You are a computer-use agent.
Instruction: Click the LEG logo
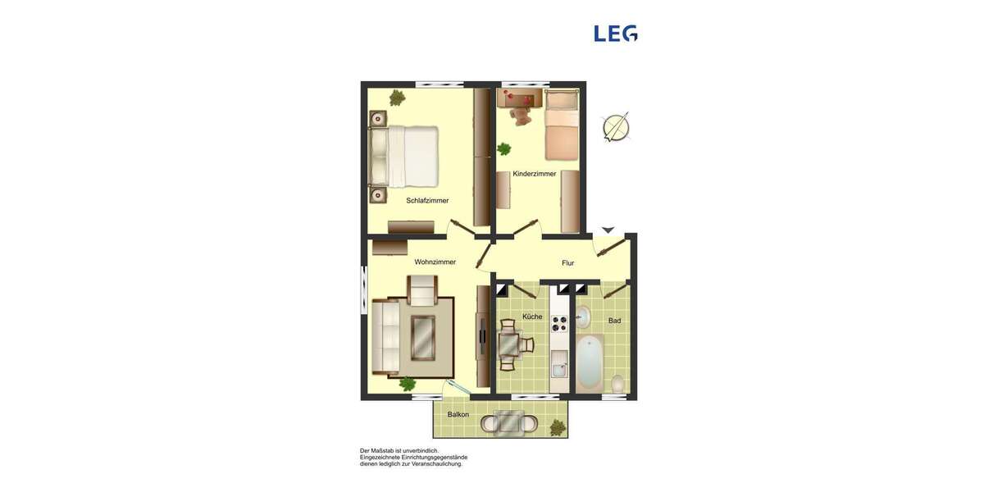616,33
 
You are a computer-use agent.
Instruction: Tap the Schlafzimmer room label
427,200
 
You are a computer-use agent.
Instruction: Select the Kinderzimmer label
535,174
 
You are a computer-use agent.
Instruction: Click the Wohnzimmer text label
435,262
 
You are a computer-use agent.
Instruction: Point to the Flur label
567,263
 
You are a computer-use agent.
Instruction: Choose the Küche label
532,317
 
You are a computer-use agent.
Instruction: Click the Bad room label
614,321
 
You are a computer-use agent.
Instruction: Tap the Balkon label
458,414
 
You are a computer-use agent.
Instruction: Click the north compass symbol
616,128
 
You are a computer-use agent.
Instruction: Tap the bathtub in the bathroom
589,363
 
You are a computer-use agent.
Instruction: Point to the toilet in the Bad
618,383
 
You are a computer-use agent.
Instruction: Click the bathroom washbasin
583,316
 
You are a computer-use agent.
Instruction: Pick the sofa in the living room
386,336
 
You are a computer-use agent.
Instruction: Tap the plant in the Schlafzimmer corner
397,98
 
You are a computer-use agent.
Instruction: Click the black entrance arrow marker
608,230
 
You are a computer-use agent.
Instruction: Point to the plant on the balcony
558,426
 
